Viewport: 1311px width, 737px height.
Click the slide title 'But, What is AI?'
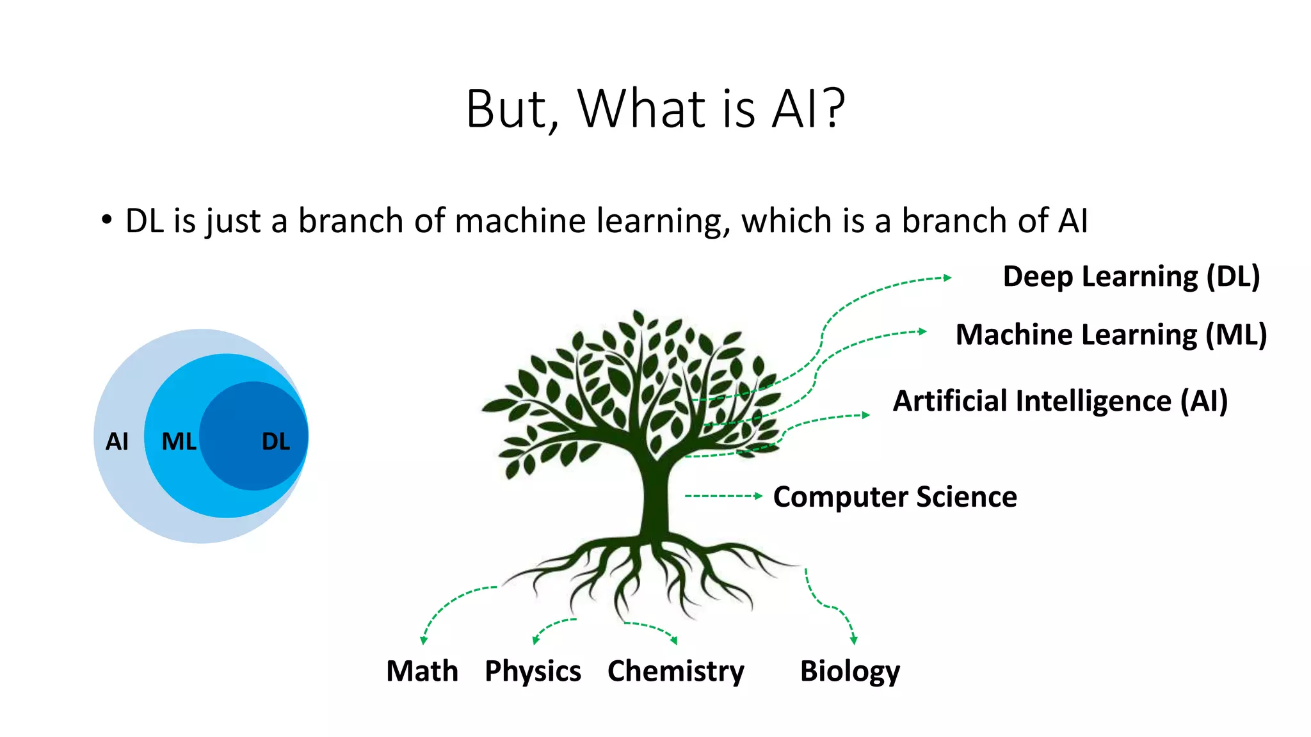[x=655, y=109]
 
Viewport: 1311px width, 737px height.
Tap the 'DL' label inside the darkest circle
[x=276, y=441]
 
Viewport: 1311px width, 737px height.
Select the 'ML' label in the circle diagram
[x=179, y=441]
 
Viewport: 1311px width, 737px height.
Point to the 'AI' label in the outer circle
[x=117, y=441]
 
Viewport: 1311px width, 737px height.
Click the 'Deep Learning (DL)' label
[x=1131, y=276]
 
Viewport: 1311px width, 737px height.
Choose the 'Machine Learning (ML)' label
[x=1111, y=335]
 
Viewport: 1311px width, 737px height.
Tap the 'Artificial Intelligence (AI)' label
[x=1060, y=401]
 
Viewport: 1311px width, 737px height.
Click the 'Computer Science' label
[x=895, y=497]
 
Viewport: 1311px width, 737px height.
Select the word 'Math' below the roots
[x=422, y=671]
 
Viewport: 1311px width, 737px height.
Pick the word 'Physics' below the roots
[x=533, y=671]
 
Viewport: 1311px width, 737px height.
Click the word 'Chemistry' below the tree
[x=675, y=671]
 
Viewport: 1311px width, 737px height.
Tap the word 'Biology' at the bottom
[x=849, y=671]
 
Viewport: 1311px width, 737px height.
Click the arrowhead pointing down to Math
[x=423, y=640]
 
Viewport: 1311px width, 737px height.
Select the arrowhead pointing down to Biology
[x=853, y=640]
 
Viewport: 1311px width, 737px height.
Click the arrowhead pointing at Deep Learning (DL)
[x=947, y=278]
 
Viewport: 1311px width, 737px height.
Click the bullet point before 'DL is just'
[x=106, y=221]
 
